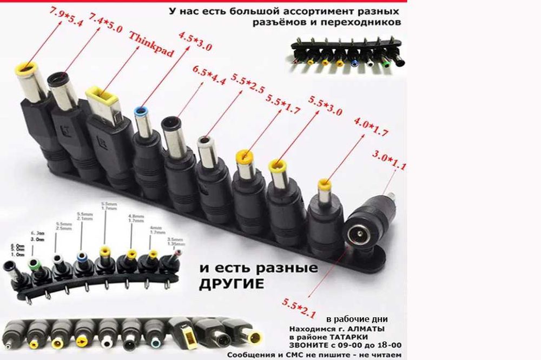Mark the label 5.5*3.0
(325, 106)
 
